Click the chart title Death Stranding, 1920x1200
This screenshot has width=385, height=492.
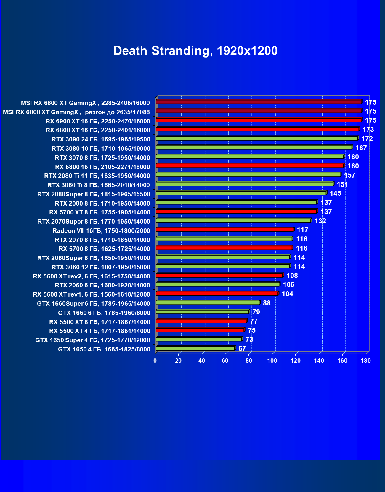pos(195,51)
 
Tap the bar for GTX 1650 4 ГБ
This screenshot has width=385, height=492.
pos(195,348)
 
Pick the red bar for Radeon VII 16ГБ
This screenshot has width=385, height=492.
pos(224,230)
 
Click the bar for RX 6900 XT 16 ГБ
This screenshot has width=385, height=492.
pos(258,120)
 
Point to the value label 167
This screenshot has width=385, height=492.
pos(361,148)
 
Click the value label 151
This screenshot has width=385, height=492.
pos(342,184)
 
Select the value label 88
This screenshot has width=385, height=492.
pos(267,303)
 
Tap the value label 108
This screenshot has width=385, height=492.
pos(292,276)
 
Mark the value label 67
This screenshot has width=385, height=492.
pos(242,348)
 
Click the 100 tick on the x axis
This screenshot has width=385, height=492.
pos(272,361)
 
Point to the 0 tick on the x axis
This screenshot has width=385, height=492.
pos(155,361)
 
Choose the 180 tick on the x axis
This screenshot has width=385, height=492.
pos(366,361)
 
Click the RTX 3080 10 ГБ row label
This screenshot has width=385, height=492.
pos(101,148)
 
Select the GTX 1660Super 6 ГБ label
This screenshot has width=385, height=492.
pos(94,304)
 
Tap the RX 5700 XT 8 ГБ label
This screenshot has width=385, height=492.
pos(100,212)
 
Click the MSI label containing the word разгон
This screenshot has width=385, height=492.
pos(76,112)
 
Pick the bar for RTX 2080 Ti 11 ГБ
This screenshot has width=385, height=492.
pos(248,175)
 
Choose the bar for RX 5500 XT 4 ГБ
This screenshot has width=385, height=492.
pos(200,330)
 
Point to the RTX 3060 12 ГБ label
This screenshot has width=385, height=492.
pos(101,267)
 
